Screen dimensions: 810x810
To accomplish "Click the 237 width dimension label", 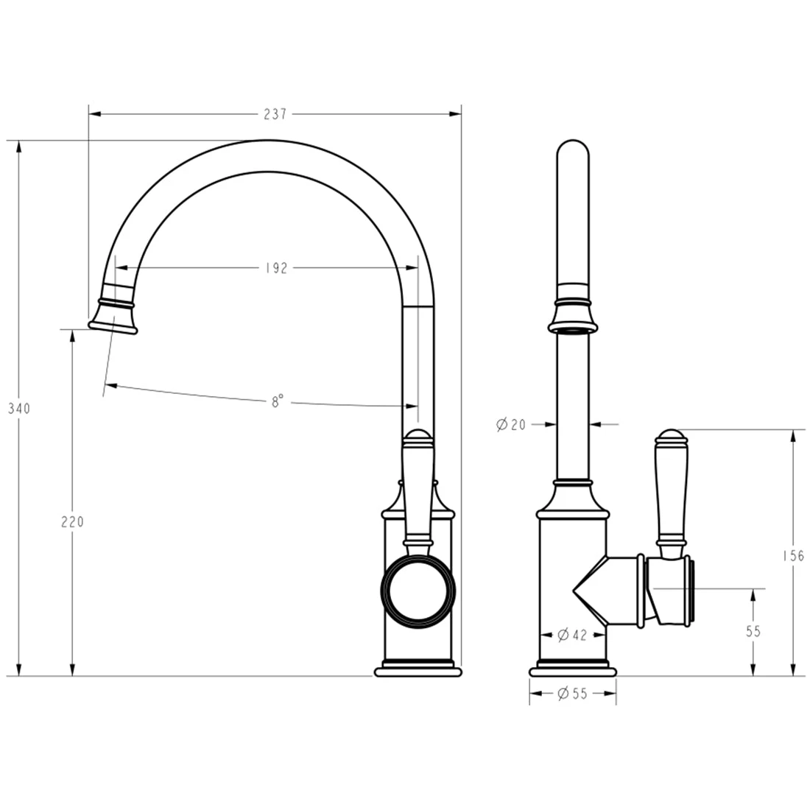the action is pos(275,114).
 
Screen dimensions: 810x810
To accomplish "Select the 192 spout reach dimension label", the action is pos(276,268).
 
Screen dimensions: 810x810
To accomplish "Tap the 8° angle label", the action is pos(278,401).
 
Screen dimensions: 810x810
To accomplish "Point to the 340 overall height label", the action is pos(19,409).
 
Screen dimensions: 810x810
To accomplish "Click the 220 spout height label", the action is pos(72,522).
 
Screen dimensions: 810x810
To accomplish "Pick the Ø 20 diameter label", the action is pos(510,425).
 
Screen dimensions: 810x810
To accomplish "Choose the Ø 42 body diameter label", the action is pos(572,634).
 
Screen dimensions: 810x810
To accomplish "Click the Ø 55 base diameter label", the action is pos(572,693).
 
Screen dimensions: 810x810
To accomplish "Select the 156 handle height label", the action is pos(793,556).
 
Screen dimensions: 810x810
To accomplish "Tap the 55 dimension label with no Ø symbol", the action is pos(753,631).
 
